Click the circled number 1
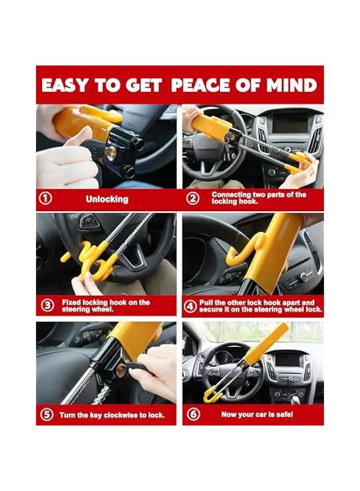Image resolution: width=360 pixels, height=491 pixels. tap(46, 199)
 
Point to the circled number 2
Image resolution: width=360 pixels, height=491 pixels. tap(193, 199)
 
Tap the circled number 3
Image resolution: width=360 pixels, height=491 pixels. tap(47, 306)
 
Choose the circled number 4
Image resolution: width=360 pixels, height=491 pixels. tap(191, 306)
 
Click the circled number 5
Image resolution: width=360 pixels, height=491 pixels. tap(47, 415)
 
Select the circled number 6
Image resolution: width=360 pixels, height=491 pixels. tap(193, 415)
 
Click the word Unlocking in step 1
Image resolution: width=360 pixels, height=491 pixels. tap(106, 199)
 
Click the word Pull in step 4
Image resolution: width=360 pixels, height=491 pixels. tap(207, 302)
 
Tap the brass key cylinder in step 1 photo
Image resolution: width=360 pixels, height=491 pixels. tap(111, 153)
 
